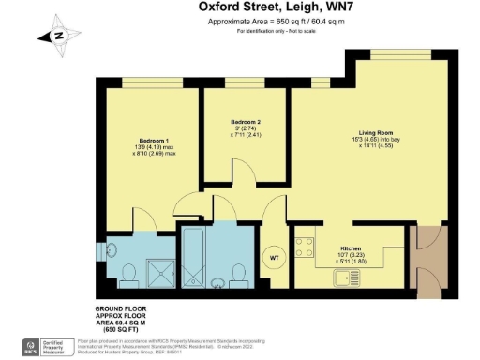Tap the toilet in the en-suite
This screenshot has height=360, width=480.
tap(131, 273)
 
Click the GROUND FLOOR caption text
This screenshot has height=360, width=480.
tap(123, 308)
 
